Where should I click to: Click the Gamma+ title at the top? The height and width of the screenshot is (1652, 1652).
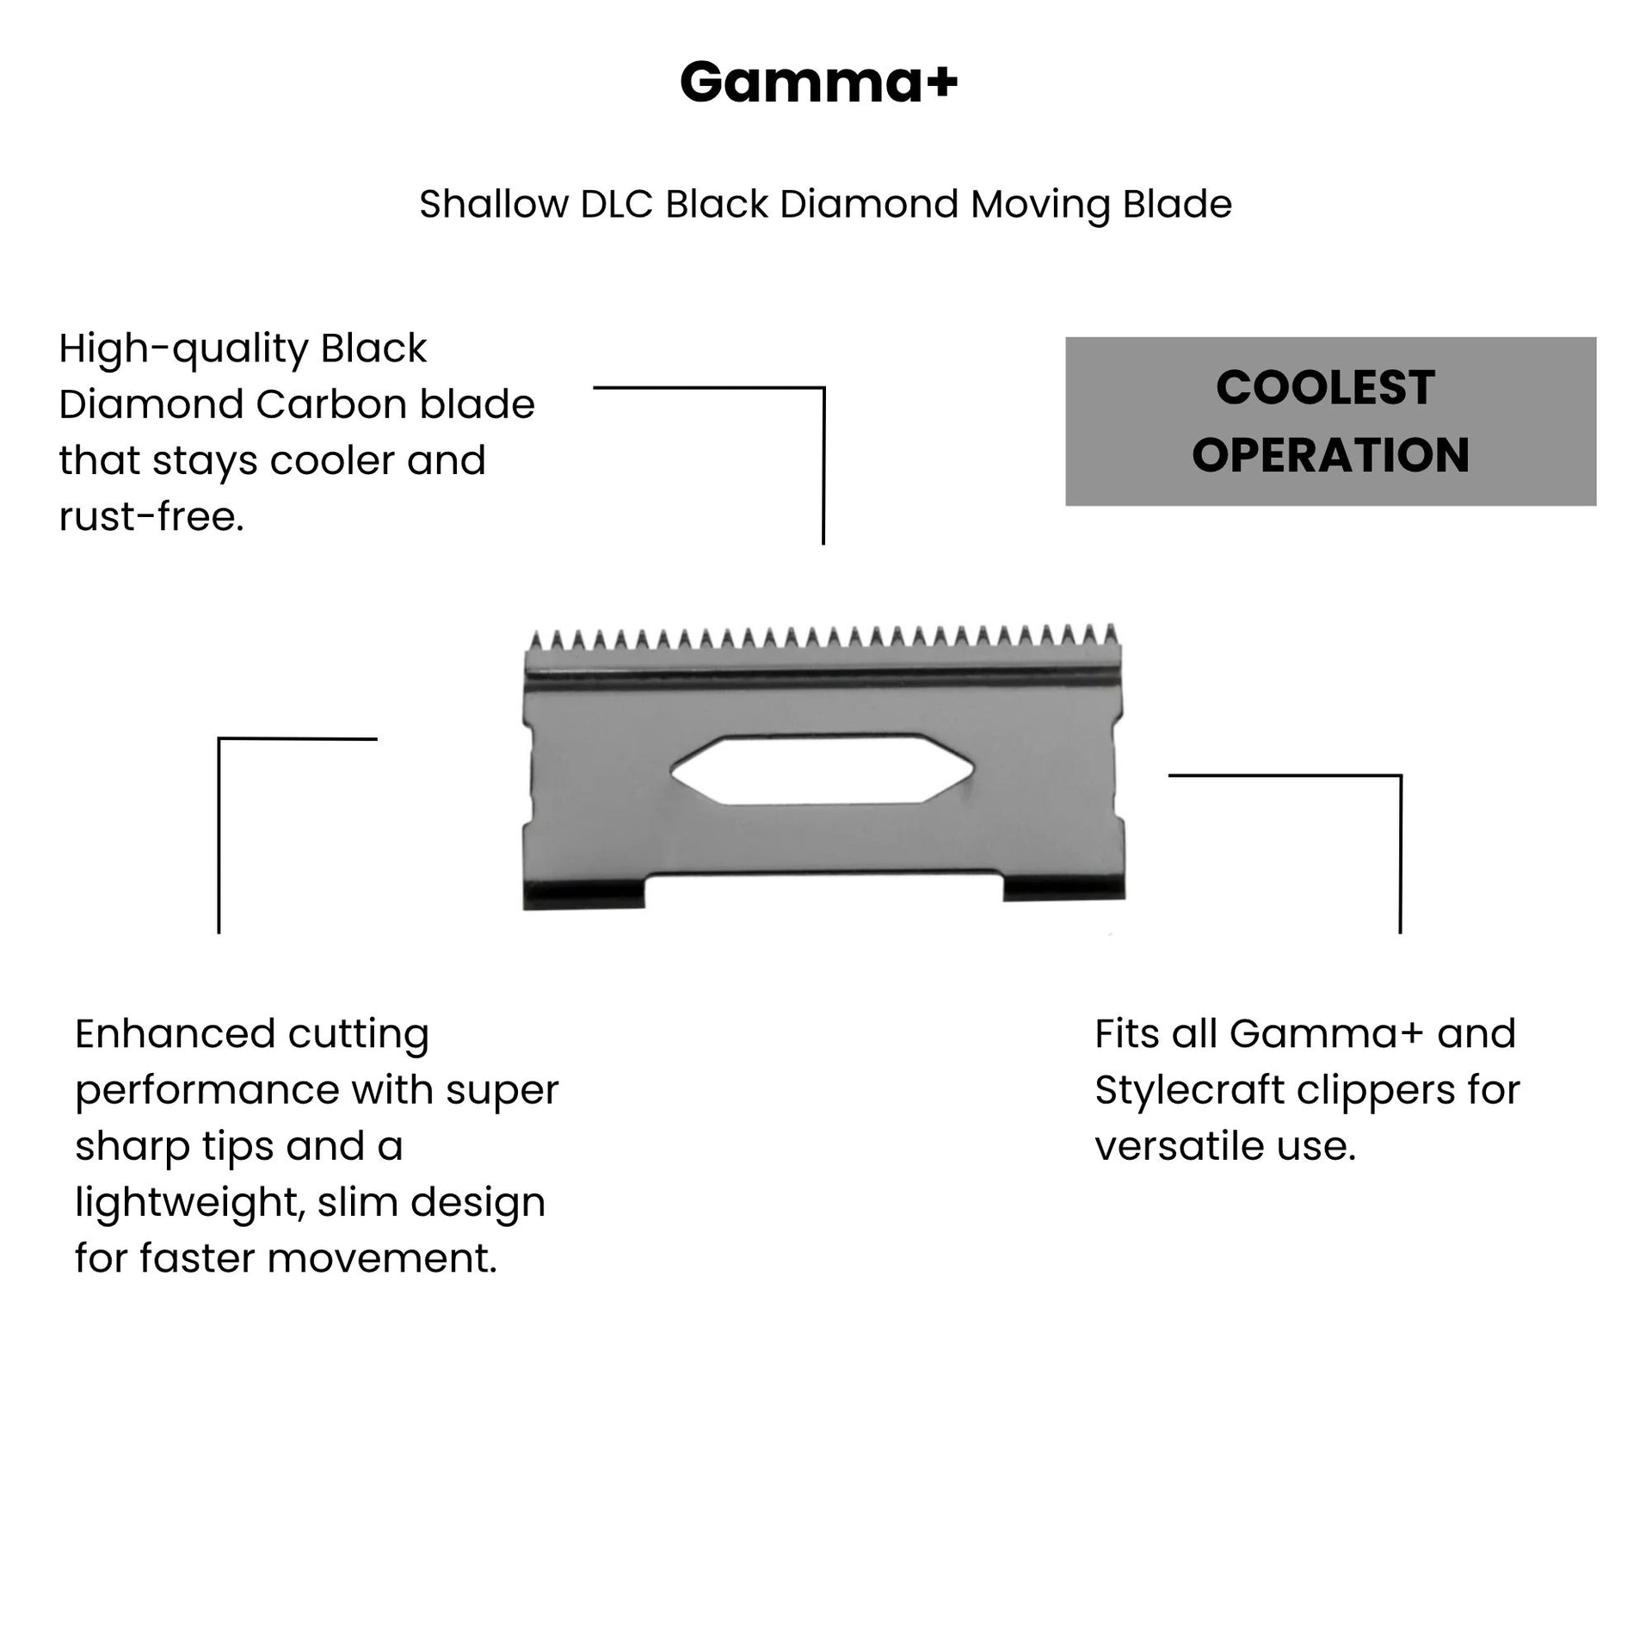(x=818, y=83)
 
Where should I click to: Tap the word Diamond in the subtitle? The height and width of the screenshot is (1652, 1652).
(x=870, y=205)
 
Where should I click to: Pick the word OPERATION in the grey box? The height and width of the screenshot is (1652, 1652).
(x=1330, y=455)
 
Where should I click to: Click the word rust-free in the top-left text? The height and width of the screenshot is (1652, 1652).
(x=150, y=517)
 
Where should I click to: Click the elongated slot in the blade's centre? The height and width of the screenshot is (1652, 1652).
(x=822, y=770)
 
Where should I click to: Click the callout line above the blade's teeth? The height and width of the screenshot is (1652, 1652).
(x=823, y=465)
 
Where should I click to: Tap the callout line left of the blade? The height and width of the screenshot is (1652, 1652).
(x=219, y=835)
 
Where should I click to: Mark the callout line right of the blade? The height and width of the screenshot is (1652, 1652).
(x=1400, y=852)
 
